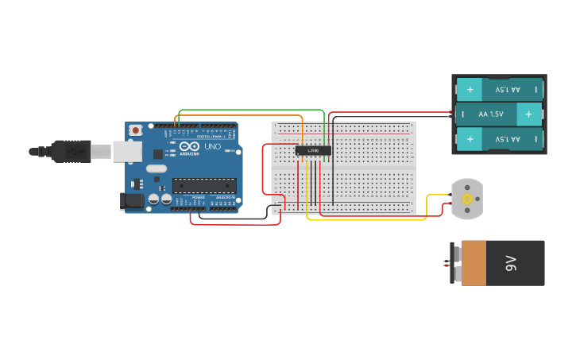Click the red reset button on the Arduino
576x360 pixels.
136,130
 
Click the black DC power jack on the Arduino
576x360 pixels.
131,201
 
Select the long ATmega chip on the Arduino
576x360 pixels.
204,185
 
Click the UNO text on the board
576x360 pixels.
213,146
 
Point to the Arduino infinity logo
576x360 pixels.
189,146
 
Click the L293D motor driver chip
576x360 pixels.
313,150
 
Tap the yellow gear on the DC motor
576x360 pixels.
467,198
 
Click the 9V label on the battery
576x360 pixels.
512,263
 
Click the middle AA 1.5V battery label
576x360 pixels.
491,114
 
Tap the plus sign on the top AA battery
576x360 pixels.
470,89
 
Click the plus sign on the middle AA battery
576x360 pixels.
528,114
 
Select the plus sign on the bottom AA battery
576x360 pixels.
470,140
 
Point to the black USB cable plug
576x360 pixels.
72,150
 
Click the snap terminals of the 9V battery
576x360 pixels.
455,263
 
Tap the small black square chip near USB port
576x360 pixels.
158,153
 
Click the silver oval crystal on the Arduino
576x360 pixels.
157,168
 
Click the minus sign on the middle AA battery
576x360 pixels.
461,114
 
